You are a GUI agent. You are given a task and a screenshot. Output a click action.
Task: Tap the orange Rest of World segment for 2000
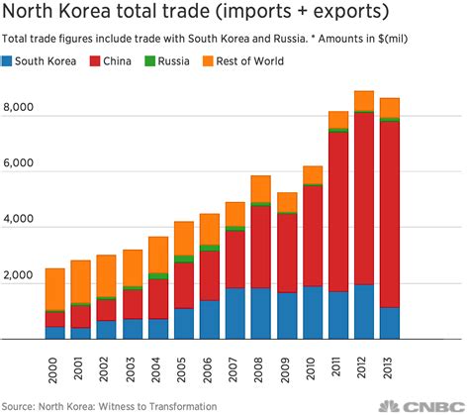pyautogui.click(x=55, y=288)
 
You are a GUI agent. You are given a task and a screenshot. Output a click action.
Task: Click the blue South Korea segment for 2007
pyautogui.click(x=234, y=312)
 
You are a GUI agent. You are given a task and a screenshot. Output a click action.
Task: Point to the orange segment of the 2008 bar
pyautogui.click(x=261, y=188)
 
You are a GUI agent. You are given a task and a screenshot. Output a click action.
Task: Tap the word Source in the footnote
pyautogui.click(x=20, y=405)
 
